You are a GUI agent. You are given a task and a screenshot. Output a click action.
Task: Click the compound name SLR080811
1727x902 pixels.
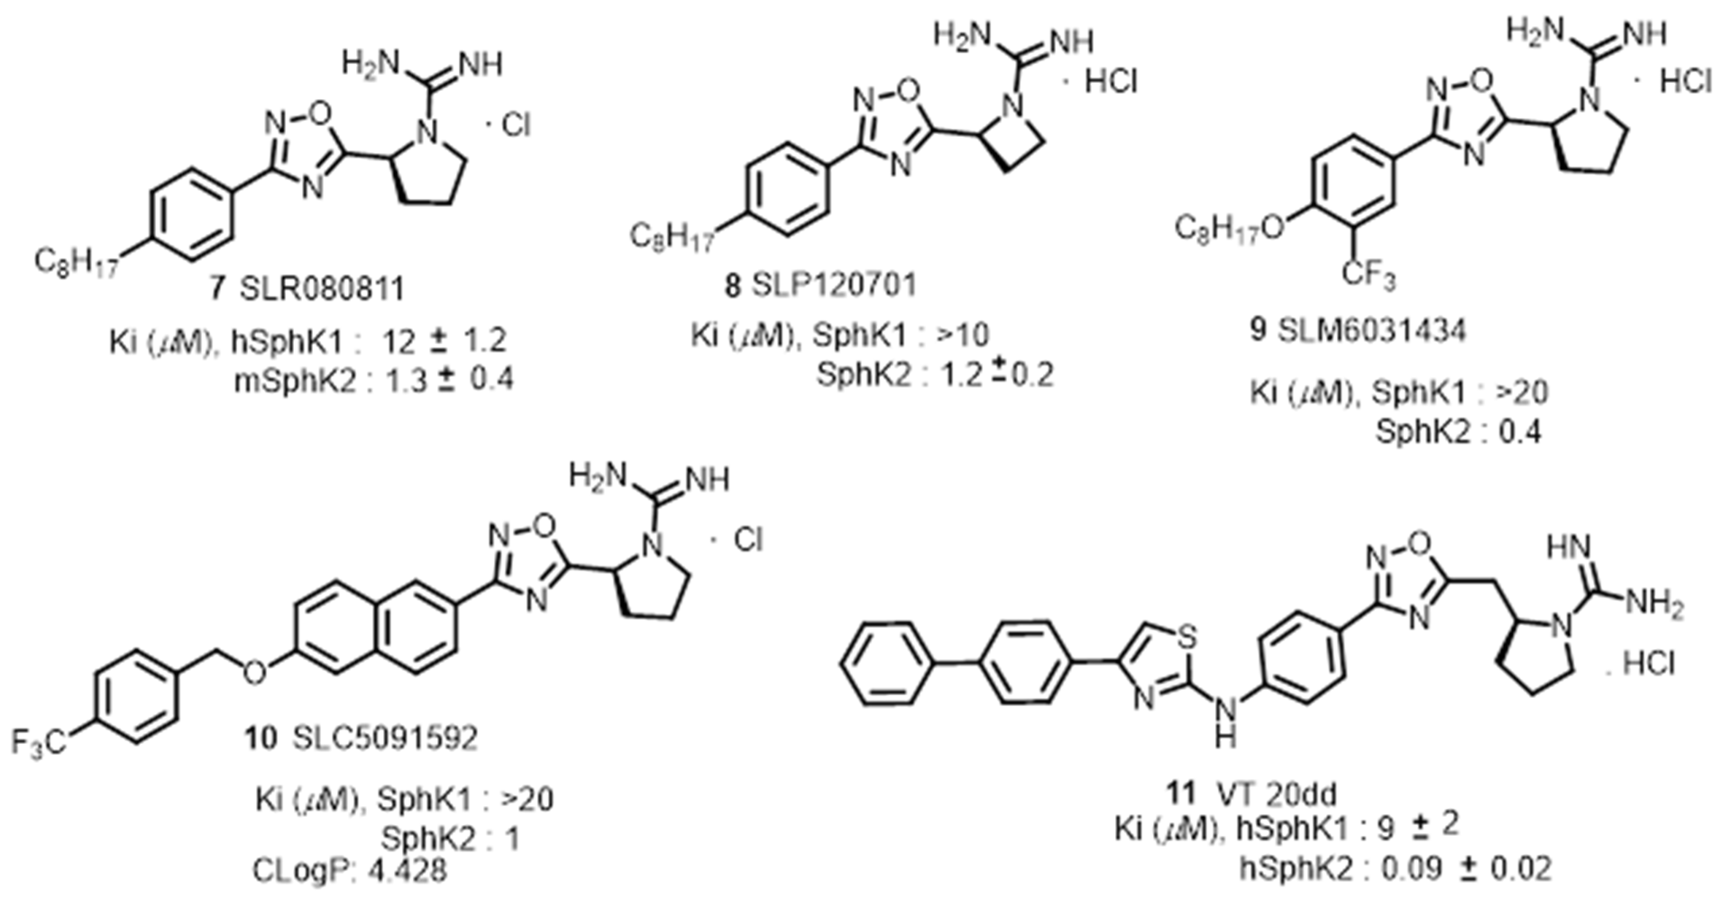[x=323, y=290]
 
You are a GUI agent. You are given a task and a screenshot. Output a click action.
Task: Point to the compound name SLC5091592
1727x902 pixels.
[x=385, y=739]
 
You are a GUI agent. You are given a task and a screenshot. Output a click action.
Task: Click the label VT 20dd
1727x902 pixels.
[x=1276, y=795]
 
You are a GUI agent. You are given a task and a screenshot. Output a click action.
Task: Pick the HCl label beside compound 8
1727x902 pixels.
[x=1111, y=82]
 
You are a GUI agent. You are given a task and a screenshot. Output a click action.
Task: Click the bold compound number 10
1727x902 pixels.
[x=261, y=739]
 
